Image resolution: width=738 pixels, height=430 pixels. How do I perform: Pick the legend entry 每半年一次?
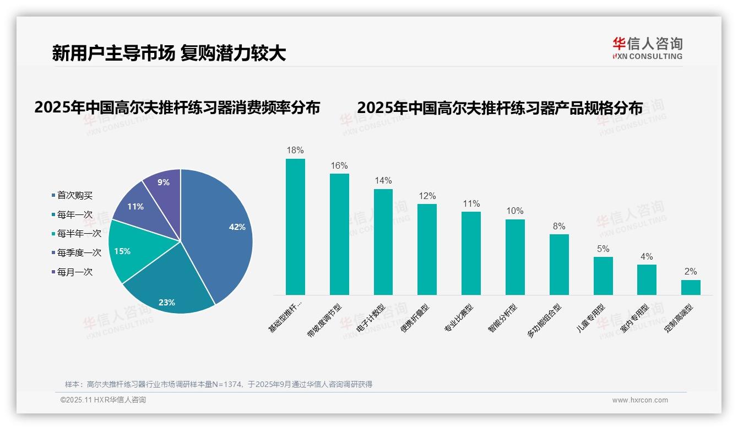79,234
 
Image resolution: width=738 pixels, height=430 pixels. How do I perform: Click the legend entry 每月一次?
74,272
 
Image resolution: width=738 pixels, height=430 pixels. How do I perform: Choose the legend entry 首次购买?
74,195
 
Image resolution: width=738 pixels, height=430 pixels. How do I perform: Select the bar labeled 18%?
295,227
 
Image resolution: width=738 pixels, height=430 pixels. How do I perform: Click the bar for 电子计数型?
383,242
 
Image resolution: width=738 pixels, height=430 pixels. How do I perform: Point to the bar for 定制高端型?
691,287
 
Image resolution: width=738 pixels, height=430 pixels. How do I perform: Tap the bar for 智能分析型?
515,257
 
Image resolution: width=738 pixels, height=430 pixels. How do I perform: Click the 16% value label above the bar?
339,165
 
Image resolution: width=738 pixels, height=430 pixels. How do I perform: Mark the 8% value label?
559,226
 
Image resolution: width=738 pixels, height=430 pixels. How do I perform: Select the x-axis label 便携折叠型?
415,320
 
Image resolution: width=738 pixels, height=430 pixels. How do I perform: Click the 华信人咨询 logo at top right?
647,48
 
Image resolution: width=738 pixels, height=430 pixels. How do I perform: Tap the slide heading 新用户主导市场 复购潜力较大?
169,53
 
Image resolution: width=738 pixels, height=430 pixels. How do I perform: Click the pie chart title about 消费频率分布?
177,108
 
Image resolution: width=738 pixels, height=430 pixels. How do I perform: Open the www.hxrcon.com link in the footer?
640,400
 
